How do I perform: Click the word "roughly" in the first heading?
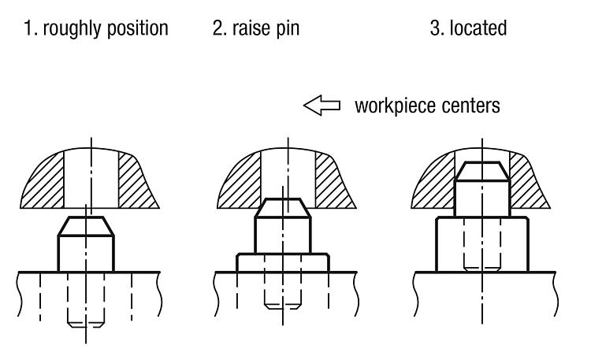tap(72, 28)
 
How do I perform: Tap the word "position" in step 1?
tap(137, 28)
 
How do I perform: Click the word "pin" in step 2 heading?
tap(287, 29)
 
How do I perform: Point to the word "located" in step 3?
tap(478, 28)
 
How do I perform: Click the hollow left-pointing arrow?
tap(322, 106)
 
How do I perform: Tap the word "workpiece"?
tap(396, 106)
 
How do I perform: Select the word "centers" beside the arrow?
tap(470, 106)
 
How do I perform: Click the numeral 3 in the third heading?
tap(435, 28)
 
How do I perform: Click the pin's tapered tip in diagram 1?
tap(86, 226)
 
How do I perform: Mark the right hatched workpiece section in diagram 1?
tap(137, 181)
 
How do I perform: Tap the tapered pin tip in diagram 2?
tap(283, 208)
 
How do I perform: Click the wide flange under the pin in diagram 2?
tap(283, 263)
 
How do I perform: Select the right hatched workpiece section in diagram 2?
tap(334, 181)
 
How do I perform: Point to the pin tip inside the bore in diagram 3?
tap(482, 172)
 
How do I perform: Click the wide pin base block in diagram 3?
tap(482, 244)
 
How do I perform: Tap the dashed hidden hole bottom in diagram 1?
tap(86, 325)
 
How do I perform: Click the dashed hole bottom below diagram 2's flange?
tap(283, 306)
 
